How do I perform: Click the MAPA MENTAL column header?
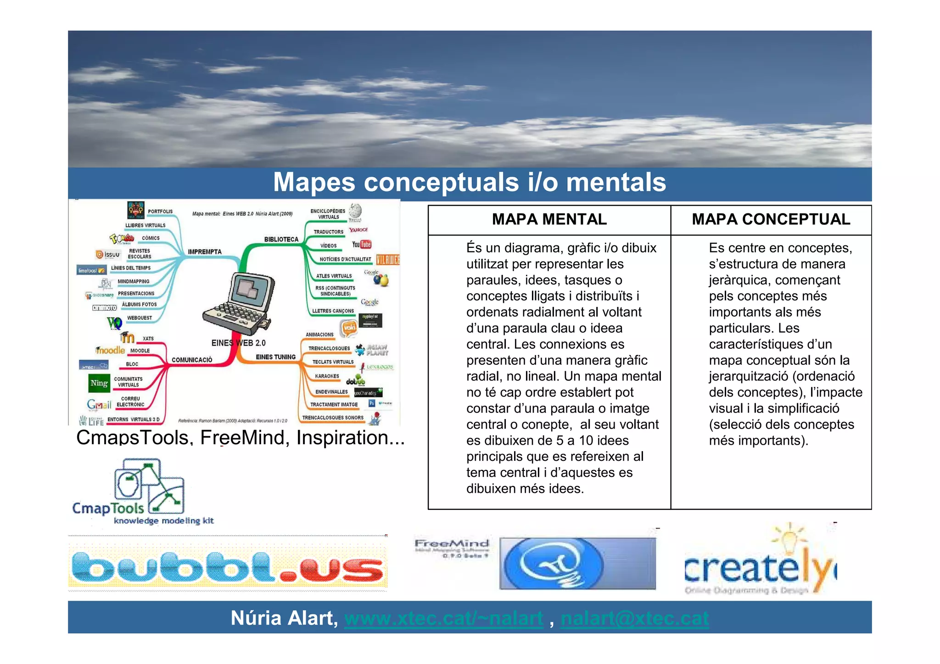[549, 219]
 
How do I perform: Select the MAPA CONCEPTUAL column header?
[771, 219]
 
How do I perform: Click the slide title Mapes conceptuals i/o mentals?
[469, 182]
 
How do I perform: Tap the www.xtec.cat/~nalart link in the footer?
[443, 618]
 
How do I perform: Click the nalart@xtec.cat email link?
[634, 618]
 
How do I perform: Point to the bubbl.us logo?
[228, 568]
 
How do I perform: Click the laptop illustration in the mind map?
[239, 303]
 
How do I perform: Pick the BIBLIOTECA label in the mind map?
[281, 239]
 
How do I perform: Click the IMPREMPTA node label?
[205, 251]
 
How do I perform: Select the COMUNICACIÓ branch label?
[192, 360]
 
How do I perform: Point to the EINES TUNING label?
[275, 357]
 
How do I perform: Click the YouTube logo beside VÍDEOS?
[361, 245]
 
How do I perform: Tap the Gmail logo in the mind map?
[99, 404]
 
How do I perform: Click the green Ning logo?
[100, 383]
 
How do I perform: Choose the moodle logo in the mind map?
[110, 350]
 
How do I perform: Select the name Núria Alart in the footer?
[284, 618]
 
